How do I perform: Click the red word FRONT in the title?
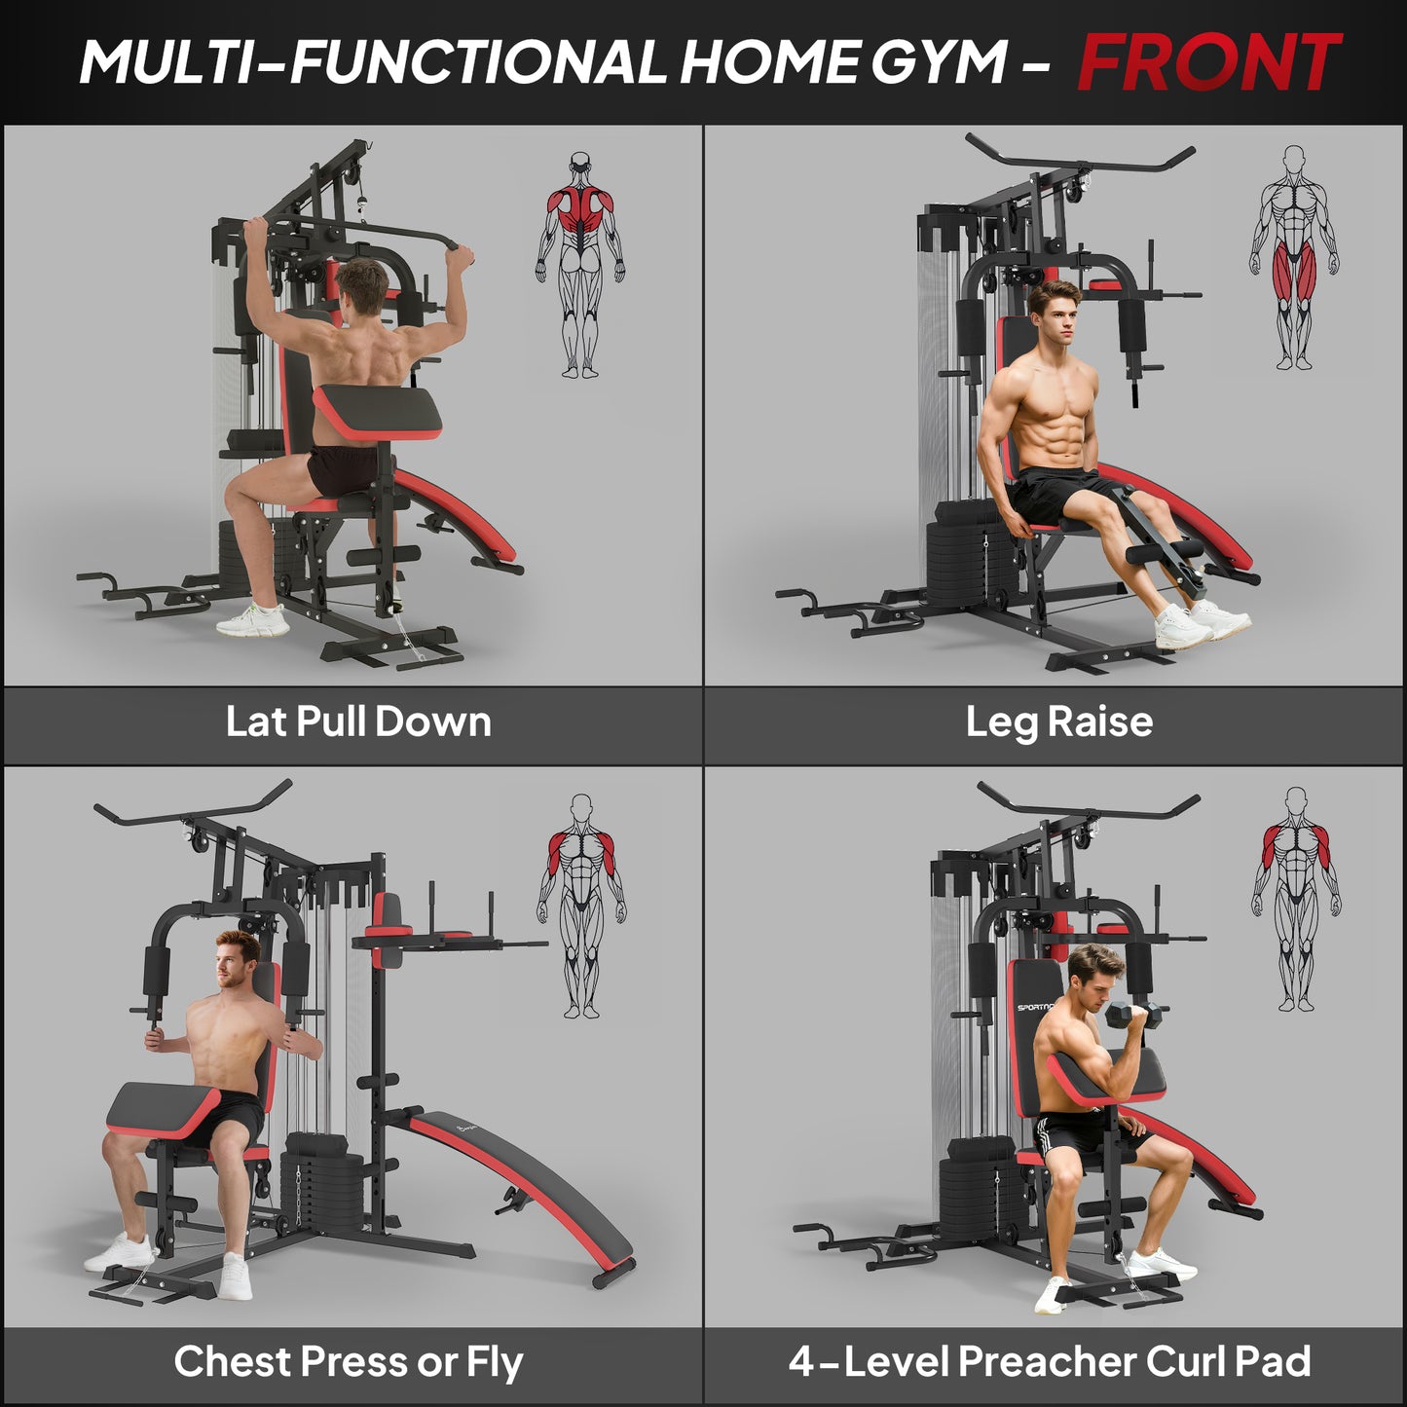tap(1208, 62)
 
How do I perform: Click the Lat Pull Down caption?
tap(358, 722)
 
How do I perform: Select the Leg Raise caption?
tap(1058, 722)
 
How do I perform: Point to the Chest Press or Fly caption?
tap(349, 1361)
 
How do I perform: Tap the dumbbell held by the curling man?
tap(1135, 1016)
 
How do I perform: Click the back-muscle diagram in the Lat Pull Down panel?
tap(580, 263)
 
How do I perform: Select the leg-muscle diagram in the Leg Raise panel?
tap(1294, 258)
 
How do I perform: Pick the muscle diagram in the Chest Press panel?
tap(581, 906)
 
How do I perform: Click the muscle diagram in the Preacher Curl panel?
tap(1295, 901)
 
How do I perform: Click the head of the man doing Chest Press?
tap(237, 959)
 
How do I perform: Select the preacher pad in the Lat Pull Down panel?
tap(378, 409)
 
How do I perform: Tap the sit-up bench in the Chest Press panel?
tap(516, 1188)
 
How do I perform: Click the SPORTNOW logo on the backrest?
tap(1034, 1007)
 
